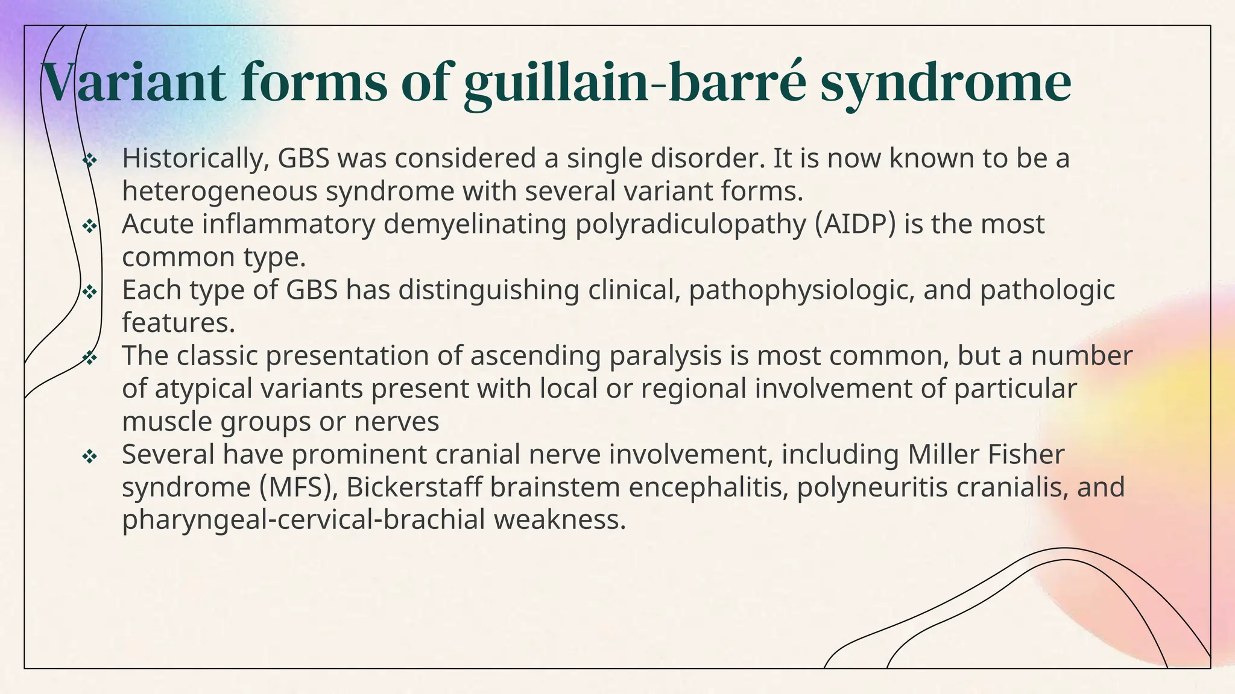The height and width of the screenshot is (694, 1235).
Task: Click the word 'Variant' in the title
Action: tap(133, 83)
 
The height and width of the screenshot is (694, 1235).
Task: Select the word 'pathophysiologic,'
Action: tap(801, 290)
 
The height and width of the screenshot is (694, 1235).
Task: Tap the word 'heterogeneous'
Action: tap(220, 192)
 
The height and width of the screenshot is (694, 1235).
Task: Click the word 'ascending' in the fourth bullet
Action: tap(535, 355)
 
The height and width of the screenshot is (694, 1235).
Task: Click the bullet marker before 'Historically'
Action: tap(89, 160)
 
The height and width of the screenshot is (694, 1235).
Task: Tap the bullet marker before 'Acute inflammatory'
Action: tap(89, 225)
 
